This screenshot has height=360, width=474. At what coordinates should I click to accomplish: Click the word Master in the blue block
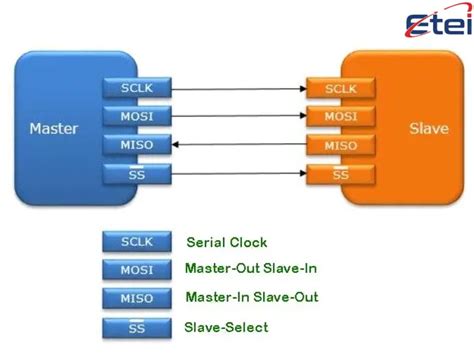point(54,129)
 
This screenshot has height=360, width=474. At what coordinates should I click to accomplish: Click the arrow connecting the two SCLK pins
point(237,87)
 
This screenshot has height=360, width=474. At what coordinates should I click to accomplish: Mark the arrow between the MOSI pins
point(237,116)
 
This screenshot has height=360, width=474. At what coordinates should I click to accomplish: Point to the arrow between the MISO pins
point(237,145)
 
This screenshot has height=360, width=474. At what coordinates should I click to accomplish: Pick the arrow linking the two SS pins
point(237,174)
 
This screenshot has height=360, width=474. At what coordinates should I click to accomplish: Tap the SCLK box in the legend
point(136,242)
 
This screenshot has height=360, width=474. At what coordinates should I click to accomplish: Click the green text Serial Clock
point(227,242)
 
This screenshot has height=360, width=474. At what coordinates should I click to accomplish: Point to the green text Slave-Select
point(227,326)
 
